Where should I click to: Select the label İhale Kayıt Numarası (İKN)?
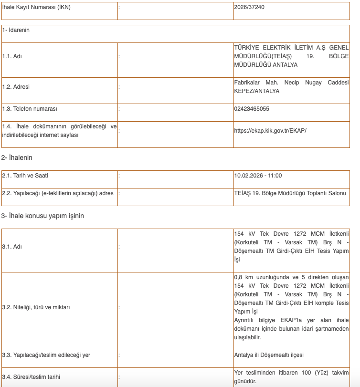pos(36,7)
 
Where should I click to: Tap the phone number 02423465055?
pos(252,109)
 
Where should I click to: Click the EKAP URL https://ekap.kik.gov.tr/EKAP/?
pos(270,130)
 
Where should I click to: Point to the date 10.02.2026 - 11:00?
pos(258,176)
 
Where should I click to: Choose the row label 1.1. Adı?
pos(12,56)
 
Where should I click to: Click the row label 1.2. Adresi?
pos(16,87)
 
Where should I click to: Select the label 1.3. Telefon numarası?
pos(30,109)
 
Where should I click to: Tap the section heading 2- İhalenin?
pos(17,157)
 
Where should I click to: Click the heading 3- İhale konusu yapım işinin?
pos(42,216)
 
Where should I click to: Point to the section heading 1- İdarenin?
pos(16,30)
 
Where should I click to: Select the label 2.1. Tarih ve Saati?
pos(25,176)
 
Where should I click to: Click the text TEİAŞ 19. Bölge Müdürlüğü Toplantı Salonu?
pos(290,193)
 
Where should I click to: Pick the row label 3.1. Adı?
pos(12,247)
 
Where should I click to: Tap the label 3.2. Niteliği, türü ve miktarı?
pos(36,307)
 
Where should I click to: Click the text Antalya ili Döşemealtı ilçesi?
pos(269,355)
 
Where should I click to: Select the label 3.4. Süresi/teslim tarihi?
pos(31,377)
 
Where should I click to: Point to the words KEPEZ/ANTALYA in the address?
pos(257,91)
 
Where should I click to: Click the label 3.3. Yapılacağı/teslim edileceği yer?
pos(46,355)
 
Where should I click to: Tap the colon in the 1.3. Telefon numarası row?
pos(119,109)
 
